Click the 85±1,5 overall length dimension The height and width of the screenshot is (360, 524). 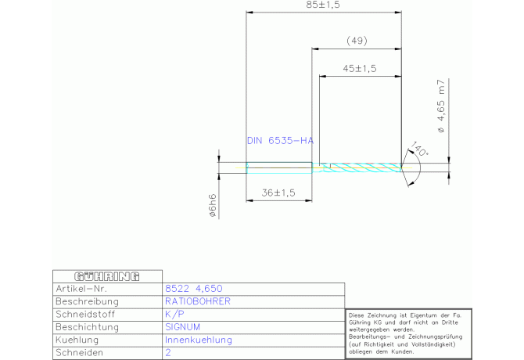click(x=323, y=5)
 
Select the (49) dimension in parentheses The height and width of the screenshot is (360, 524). click(x=357, y=41)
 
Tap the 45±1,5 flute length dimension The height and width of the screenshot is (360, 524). click(x=360, y=69)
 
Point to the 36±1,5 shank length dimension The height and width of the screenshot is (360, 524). click(x=278, y=193)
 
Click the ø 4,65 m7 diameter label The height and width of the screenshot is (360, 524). click(x=441, y=106)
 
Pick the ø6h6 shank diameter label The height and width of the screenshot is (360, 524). click(x=213, y=206)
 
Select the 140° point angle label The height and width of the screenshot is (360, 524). click(x=419, y=149)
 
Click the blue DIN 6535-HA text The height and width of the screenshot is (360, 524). click(x=280, y=140)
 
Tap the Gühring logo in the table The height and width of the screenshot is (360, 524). click(x=107, y=276)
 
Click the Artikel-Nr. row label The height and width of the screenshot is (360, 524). click(x=81, y=289)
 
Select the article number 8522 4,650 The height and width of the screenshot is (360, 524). click(x=194, y=289)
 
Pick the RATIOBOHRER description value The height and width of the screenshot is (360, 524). click(x=198, y=301)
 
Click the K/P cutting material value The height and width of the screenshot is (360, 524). click(x=174, y=314)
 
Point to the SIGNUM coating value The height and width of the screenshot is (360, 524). click(x=182, y=327)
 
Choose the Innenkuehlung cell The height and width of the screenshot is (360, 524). click(x=199, y=340)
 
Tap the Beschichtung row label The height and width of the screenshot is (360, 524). click(x=87, y=327)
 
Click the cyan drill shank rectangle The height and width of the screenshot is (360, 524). click(x=279, y=167)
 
